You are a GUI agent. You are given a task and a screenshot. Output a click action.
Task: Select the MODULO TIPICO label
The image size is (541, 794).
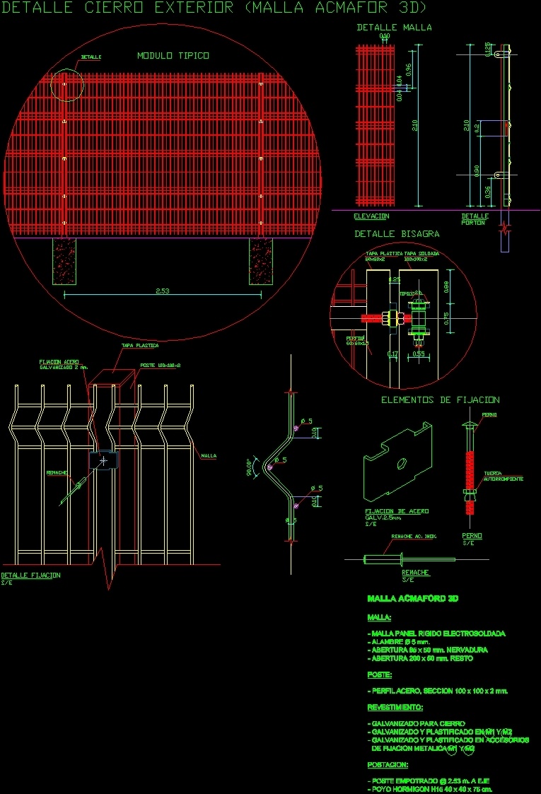point(173,55)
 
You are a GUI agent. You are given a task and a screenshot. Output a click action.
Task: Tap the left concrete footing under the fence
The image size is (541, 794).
point(64,261)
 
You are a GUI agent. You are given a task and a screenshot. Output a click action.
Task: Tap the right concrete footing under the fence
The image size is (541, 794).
point(260,261)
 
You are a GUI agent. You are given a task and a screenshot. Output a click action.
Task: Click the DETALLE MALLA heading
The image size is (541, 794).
point(394,28)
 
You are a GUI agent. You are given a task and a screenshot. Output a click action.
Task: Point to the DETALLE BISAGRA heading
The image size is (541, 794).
point(397,233)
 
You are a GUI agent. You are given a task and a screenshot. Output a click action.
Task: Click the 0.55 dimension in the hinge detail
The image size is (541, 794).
point(419,354)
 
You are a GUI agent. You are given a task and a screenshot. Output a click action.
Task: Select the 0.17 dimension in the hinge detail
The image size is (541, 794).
point(393,354)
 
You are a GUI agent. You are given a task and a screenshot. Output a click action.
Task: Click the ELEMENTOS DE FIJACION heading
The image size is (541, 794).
point(440,400)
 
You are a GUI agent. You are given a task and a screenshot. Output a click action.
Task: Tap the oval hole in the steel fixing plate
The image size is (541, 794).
point(400,463)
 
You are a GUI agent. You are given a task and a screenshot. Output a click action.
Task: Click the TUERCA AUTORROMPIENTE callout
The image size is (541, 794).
point(503,477)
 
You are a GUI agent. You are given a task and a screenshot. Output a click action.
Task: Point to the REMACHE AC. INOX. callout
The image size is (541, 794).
point(414,536)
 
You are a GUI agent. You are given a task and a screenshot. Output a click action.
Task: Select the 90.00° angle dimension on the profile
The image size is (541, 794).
point(249,467)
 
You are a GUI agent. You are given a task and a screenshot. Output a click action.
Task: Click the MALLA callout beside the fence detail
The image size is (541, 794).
point(209,456)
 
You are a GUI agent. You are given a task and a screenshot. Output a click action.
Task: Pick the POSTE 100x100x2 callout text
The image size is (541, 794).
point(161,366)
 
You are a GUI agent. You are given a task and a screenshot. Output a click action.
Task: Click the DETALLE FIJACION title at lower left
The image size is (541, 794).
point(30,575)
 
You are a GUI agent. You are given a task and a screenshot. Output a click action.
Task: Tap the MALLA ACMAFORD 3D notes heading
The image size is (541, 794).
point(413,599)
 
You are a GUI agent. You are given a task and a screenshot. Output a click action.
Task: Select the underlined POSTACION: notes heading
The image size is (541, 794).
point(388,765)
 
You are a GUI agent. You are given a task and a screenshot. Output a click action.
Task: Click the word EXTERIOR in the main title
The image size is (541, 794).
point(184,8)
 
